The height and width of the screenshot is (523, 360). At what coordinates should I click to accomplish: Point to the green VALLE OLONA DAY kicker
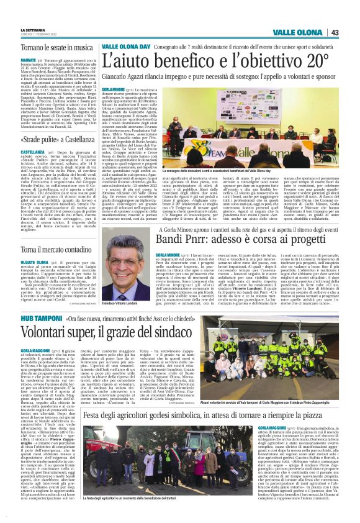pyautogui.click(x=124, y=46)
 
